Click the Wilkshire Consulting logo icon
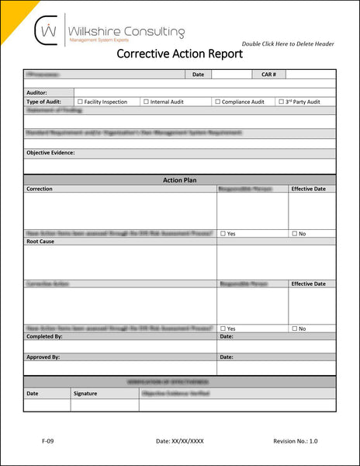tap(48, 32)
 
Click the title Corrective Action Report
tap(179, 54)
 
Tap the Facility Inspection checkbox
tap(80, 102)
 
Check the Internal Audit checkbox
tap(146, 102)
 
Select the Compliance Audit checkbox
tap(217, 102)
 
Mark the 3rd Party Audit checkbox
tap(281, 102)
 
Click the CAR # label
tap(269, 75)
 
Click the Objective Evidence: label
tap(50, 153)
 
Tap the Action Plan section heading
tap(179, 180)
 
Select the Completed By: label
tap(44, 337)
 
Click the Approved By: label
tap(43, 357)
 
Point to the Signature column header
tap(85, 394)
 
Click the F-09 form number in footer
tap(47, 441)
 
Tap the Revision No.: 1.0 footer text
tap(295, 441)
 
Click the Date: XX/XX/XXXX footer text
tap(180, 441)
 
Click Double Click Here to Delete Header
tap(288, 44)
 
